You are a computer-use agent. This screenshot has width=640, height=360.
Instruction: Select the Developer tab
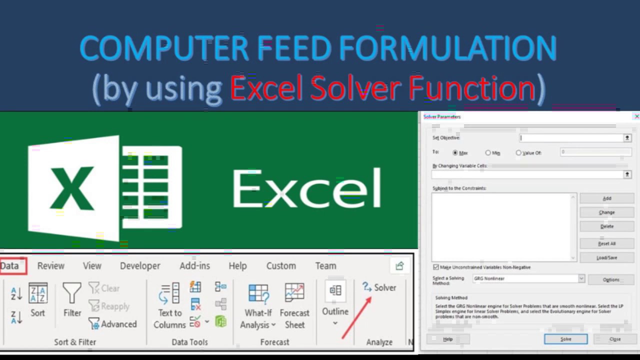[x=140, y=266]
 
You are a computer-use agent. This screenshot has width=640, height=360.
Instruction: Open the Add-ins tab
[x=194, y=266]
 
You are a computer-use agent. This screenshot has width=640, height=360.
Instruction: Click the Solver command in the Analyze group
[x=379, y=287]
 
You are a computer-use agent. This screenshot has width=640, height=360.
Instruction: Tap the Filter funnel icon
[x=72, y=293]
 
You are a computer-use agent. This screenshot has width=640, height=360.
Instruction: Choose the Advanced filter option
[x=113, y=324]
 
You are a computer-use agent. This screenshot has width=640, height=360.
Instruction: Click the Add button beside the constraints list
[x=606, y=198]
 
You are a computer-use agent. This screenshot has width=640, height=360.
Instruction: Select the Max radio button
[x=455, y=152]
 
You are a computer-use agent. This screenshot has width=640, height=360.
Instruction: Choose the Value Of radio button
[x=518, y=152]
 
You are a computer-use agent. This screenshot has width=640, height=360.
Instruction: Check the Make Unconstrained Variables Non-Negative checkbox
[x=436, y=267]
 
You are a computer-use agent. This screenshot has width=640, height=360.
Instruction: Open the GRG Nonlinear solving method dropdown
[x=581, y=278]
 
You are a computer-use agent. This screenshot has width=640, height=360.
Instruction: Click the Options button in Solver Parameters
[x=611, y=280]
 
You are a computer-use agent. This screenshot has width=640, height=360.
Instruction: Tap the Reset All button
[x=606, y=244]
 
